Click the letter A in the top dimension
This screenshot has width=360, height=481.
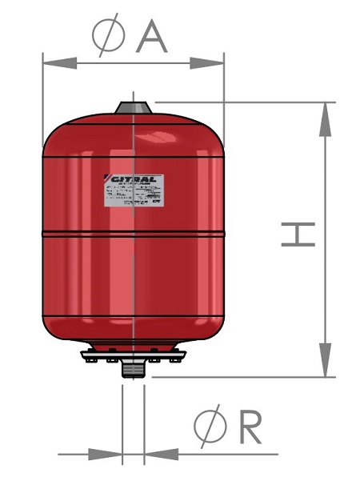(x=151, y=36)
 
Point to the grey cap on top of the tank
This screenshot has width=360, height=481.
(x=133, y=108)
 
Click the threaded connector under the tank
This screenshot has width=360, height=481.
(x=133, y=370)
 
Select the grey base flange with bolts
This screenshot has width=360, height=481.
(x=133, y=355)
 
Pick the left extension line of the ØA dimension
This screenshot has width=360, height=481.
(x=42, y=96)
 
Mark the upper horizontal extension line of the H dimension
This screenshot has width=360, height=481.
(x=240, y=102)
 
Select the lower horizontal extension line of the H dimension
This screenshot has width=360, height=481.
(x=240, y=376)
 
